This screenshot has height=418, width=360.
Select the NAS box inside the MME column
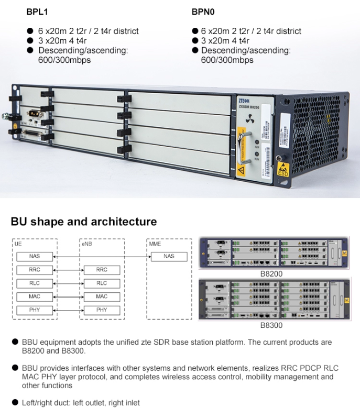pos(169,256)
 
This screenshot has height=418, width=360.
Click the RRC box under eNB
pos(102,270)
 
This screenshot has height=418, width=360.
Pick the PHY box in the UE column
pos(35,310)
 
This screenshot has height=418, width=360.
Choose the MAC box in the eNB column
pos(102,296)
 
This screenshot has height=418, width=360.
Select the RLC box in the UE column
pos(35,283)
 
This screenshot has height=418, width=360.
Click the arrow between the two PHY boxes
pos(69,310)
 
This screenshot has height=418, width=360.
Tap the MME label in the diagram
pos(155,244)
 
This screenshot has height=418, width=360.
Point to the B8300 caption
pos(271,325)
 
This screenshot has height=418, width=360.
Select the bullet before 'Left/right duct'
pos(15,402)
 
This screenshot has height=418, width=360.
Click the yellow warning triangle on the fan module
pos(242,170)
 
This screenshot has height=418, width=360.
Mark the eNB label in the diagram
pos(86,244)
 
